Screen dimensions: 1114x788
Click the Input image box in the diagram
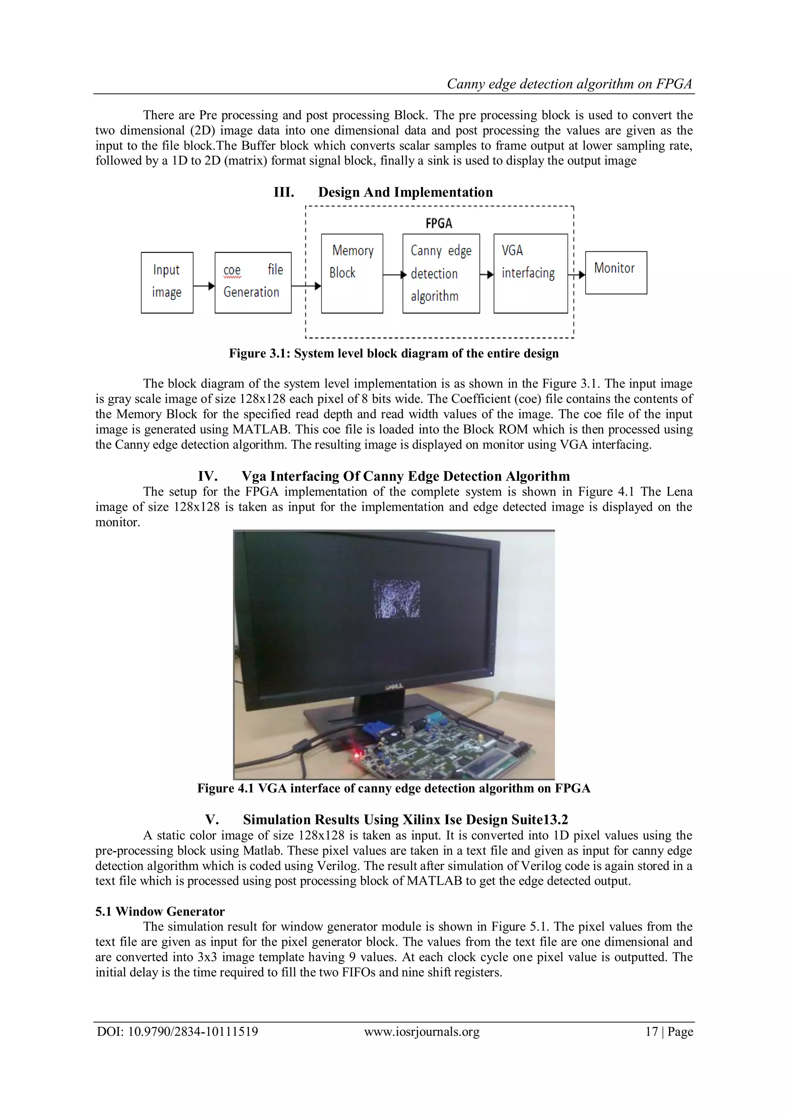[167, 282]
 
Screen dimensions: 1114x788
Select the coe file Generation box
[253, 282]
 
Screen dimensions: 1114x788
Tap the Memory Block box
[352, 273]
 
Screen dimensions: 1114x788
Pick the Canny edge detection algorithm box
[441, 273]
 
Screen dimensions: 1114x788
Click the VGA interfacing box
[530, 273]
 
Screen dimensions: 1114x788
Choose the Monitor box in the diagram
[616, 272]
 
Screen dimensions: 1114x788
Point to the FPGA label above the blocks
[439, 223]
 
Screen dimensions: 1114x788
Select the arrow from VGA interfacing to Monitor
[576, 275]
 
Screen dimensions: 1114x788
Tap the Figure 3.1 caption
[394, 353]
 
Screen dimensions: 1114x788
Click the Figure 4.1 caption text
[394, 788]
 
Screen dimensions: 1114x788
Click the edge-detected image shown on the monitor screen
[396, 598]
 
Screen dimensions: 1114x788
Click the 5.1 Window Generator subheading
[160, 911]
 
